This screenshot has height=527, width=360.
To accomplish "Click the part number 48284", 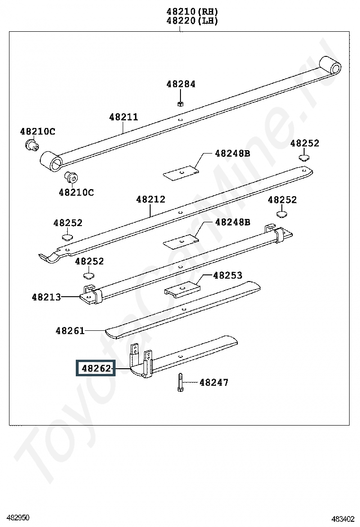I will tap(180, 84).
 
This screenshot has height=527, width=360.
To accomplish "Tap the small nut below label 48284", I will tap(180, 103).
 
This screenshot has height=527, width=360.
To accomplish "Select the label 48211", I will tap(124, 117).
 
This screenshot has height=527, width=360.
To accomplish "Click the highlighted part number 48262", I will tap(96, 368).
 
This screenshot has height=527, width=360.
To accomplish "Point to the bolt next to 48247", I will tap(180, 382).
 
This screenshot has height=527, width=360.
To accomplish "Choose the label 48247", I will tap(214, 382).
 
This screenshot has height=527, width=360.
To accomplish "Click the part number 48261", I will tap(70, 331).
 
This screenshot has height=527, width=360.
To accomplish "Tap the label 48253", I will tap(227, 275).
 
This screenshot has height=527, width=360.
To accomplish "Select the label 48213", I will tap(46, 297).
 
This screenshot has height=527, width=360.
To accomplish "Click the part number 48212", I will tap(151, 200).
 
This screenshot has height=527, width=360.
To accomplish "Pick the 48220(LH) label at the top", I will tap(192, 21).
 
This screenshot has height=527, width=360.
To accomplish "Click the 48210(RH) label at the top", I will tap(192, 11).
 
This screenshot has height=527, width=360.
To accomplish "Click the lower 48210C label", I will tap(76, 192).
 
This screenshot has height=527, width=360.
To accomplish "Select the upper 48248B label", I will tap(232, 154).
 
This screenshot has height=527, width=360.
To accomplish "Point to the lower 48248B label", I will tap(233, 222).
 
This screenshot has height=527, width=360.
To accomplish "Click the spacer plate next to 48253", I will tap(182, 289).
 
